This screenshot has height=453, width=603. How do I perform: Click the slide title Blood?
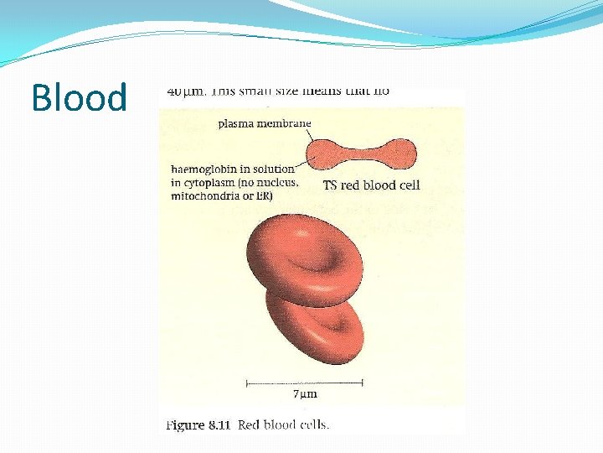[x=79, y=97]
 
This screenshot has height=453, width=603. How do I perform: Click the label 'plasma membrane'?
[x=264, y=123]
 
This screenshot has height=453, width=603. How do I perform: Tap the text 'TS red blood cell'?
[x=371, y=185]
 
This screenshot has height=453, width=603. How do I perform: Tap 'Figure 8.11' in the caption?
[x=198, y=424]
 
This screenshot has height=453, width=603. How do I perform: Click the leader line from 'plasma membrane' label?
[x=312, y=134]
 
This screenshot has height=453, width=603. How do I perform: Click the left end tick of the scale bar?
[x=246, y=383]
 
